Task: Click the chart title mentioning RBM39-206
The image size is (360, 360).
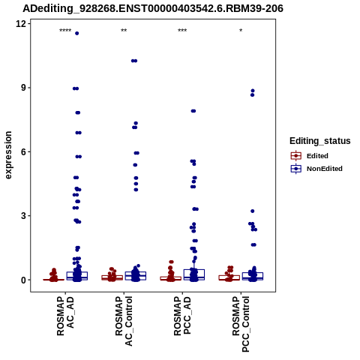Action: coord(153,9)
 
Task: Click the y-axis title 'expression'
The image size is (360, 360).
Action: coord(8,155)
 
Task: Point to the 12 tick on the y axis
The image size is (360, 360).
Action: coord(21,24)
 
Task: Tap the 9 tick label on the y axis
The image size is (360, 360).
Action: coord(23,88)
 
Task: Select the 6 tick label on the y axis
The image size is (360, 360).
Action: coord(23,151)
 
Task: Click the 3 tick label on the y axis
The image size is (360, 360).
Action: coord(23,216)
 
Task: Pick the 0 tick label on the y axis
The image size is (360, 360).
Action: coord(23,280)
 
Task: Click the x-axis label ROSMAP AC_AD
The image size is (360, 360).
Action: coord(65,316)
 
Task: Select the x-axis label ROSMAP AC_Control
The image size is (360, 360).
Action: coord(124,321)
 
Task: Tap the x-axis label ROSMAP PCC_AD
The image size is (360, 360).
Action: coord(182,316)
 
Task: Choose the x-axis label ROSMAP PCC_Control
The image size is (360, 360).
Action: coord(241,324)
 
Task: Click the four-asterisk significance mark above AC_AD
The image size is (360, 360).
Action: coord(65,31)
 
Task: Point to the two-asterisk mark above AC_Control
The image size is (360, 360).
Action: coord(124,31)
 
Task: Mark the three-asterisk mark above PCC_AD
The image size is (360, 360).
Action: coord(182,31)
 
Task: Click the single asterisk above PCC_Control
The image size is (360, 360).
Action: coord(241,31)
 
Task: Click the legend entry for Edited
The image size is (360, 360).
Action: coord(310,156)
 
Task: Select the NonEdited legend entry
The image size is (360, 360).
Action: coord(316,169)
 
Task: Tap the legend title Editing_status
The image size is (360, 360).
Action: coord(320,141)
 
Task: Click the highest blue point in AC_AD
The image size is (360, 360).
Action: coord(77,33)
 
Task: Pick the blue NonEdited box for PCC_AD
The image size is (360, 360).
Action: coord(194,274)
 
